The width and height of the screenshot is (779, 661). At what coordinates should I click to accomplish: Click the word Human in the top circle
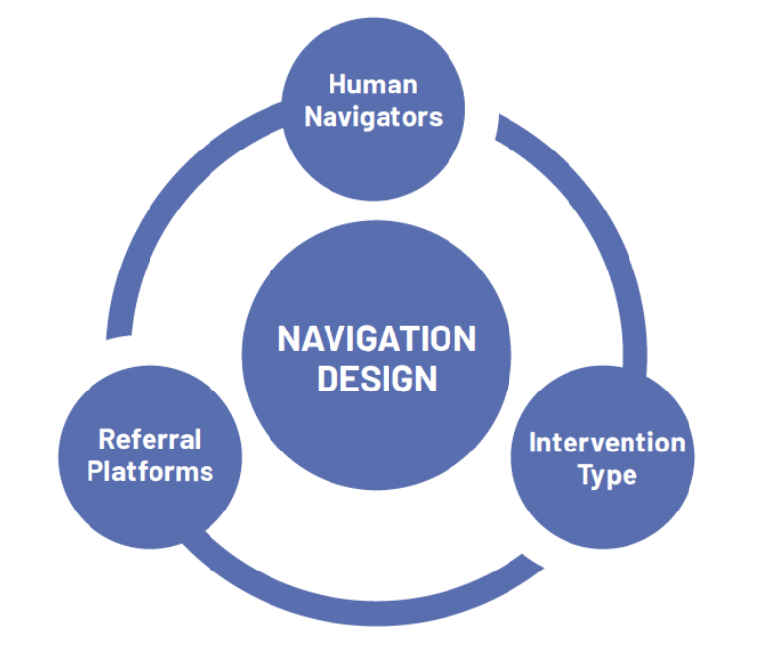(x=373, y=84)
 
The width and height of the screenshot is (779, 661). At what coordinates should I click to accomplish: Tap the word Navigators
(x=373, y=118)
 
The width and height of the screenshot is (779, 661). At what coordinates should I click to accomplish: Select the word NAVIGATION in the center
(x=377, y=339)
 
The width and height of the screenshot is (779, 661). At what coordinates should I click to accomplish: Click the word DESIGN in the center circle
(x=377, y=379)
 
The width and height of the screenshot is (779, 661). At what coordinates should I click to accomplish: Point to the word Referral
(x=150, y=439)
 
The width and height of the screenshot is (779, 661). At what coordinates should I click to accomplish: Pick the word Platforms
(x=150, y=471)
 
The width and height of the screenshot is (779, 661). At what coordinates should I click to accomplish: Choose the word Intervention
(x=607, y=443)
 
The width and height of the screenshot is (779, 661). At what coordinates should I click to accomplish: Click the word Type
(x=607, y=476)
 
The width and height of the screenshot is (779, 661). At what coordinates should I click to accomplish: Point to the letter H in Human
(x=337, y=84)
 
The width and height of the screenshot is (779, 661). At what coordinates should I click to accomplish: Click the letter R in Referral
(x=108, y=439)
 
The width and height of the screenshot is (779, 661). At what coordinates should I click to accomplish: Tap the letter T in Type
(x=587, y=474)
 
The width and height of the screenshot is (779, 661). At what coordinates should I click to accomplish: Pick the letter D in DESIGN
(x=327, y=379)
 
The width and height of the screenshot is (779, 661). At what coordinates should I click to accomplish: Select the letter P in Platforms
(x=95, y=471)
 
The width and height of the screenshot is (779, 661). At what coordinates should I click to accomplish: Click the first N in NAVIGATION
(x=288, y=339)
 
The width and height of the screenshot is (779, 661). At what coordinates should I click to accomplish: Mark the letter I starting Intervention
(x=532, y=443)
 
